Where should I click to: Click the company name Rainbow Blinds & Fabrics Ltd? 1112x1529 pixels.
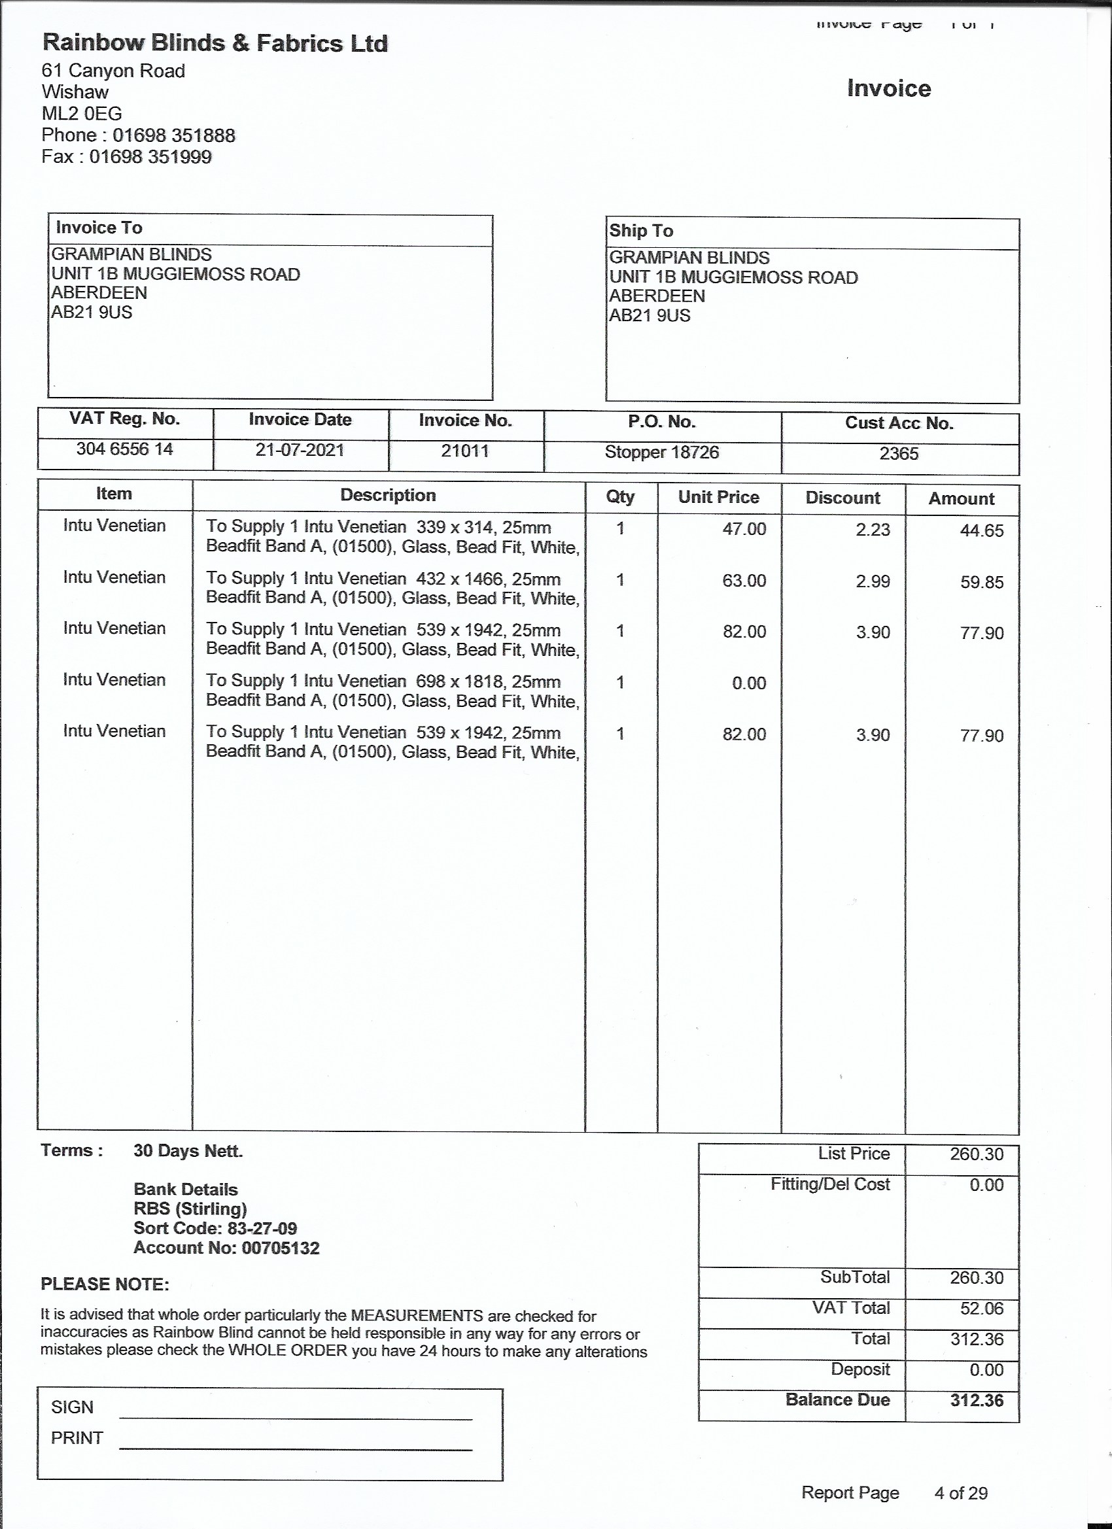215,43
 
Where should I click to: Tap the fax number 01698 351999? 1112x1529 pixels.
150,157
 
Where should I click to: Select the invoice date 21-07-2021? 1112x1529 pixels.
300,450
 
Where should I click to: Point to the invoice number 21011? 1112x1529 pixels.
464,451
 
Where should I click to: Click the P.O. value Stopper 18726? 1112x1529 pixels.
661,452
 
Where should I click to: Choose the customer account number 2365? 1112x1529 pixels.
898,453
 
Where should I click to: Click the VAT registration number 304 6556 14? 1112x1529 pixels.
124,449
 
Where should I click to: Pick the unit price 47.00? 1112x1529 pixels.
744,529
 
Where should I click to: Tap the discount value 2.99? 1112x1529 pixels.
873,581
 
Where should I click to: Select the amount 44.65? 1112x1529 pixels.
981,530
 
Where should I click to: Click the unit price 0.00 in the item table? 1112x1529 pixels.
748,683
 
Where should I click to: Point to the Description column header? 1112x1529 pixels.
388,496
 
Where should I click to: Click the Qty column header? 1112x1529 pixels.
619,497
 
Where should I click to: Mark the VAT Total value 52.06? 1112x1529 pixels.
981,1309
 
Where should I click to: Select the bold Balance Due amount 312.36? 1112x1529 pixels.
977,1400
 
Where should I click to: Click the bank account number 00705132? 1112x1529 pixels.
280,1248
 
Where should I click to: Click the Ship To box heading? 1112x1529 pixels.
640,231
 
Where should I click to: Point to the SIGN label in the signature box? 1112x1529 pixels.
72,1407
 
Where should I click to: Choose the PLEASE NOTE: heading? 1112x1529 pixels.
105,1284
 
